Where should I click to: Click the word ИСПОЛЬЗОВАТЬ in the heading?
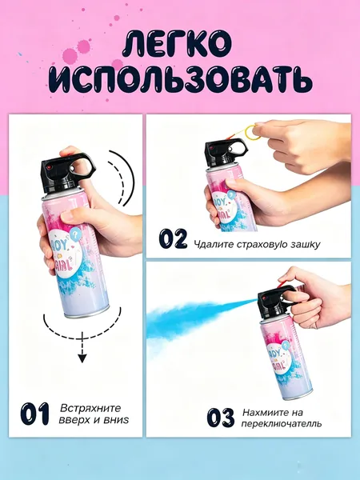[181, 80]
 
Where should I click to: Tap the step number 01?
[35, 414]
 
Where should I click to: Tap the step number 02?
[173, 238]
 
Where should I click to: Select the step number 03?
[221, 418]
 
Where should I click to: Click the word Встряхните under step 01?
[90, 408]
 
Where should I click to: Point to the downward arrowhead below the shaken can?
[82, 358]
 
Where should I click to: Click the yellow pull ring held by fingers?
[255, 132]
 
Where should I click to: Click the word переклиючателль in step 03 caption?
[282, 424]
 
